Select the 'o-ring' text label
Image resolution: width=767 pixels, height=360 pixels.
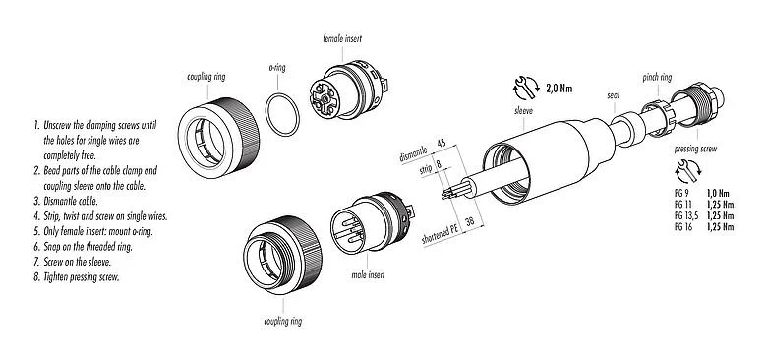click(278, 69)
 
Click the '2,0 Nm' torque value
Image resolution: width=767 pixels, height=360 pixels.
click(560, 89)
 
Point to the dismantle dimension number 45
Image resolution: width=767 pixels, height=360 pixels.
click(442, 145)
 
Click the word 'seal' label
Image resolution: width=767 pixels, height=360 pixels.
click(612, 95)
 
